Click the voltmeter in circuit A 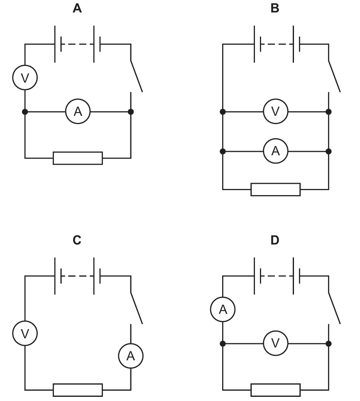[25, 78]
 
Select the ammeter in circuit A [78, 112]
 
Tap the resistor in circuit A [78, 158]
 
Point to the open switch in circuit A [136, 76]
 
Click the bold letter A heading [77, 8]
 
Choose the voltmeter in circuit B [276, 112]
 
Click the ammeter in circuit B [276, 151]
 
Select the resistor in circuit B [276, 190]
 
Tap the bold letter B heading [275, 8]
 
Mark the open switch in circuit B [334, 76]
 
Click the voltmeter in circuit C [25, 333]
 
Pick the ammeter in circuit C [131, 356]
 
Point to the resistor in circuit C [78, 390]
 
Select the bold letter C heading [77, 240]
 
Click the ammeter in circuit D [223, 309]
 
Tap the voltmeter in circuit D [276, 343]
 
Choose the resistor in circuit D [276, 390]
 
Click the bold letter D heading [275, 240]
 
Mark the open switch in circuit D [334, 308]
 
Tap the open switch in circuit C [136, 308]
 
